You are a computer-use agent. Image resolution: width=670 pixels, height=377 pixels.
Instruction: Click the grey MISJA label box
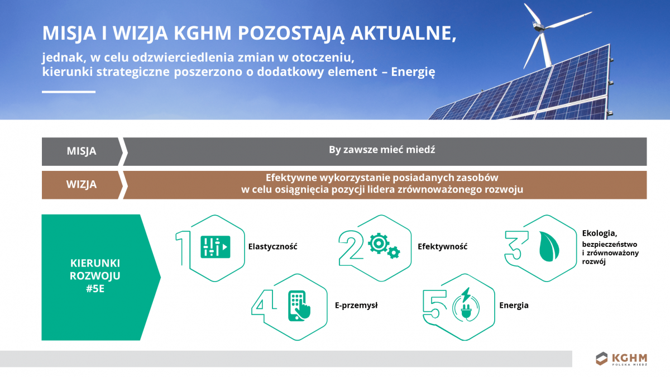[x=82, y=151]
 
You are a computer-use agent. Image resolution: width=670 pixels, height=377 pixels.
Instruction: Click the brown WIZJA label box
[x=82, y=185]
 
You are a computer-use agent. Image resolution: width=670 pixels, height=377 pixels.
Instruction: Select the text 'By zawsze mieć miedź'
[x=382, y=150]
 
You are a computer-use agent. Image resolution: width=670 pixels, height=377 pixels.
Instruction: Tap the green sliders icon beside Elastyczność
[x=215, y=246]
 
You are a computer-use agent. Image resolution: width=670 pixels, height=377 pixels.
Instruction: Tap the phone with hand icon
[x=299, y=306]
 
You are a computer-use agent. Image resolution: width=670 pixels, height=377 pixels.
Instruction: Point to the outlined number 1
[x=182, y=247]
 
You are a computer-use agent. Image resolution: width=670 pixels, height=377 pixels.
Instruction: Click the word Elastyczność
[x=272, y=247]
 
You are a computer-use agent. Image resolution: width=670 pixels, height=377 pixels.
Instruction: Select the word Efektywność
[x=442, y=247]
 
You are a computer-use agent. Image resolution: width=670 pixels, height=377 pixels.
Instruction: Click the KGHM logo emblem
[x=601, y=359]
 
